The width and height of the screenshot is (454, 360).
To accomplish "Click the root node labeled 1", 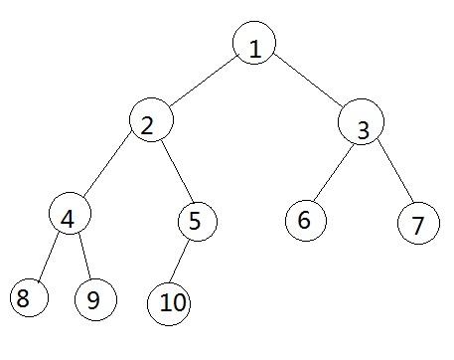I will [x=255, y=46].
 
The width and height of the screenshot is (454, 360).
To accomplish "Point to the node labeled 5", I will [x=197, y=221].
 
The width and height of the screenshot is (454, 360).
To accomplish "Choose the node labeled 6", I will [x=304, y=220].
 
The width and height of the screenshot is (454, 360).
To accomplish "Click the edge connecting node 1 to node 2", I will [x=204, y=85].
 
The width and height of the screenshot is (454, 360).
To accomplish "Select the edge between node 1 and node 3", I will [x=308, y=86].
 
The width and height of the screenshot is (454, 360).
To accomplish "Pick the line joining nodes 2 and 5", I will [x=174, y=171].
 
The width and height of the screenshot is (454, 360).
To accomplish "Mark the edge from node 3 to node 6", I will [x=332, y=173].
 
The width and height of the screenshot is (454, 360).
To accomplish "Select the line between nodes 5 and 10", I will [x=182, y=262].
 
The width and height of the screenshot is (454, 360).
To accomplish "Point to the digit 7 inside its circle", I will [x=418, y=224].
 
